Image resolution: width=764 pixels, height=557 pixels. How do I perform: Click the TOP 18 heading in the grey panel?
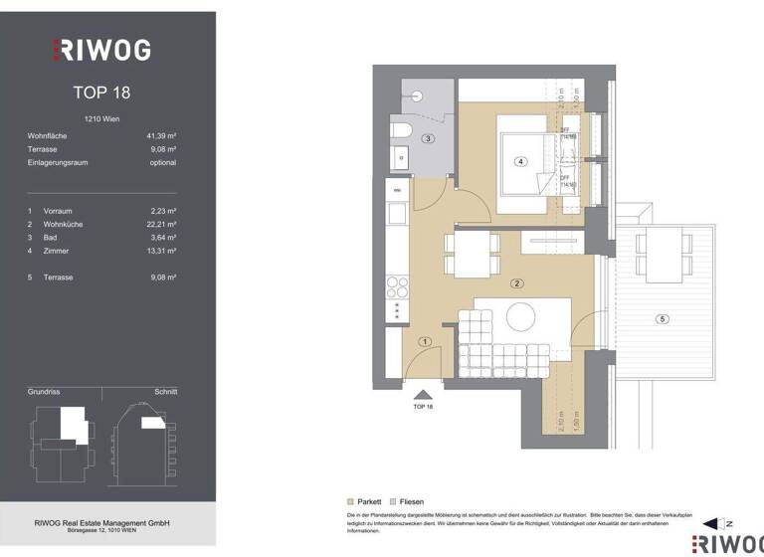[101, 93]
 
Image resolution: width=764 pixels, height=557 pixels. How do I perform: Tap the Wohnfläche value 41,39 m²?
[160, 134]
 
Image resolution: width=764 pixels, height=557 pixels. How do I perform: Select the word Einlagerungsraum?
[60, 162]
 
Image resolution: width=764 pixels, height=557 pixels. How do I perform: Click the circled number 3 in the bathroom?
[428, 138]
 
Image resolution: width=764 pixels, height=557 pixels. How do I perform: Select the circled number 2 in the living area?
[516, 283]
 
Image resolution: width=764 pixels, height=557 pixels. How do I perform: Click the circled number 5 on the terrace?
[663, 318]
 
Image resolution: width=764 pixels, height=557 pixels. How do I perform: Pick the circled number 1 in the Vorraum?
[424, 341]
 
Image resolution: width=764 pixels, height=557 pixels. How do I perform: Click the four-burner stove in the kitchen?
[397, 285]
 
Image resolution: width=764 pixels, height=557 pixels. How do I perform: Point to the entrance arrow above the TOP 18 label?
[423, 395]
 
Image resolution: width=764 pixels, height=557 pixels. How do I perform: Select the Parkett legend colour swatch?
[350, 501]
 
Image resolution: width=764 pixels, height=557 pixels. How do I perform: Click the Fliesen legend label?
[414, 501]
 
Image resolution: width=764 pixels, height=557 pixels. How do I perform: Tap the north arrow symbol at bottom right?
[711, 523]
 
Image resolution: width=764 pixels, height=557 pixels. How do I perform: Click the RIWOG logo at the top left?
[101, 49]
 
